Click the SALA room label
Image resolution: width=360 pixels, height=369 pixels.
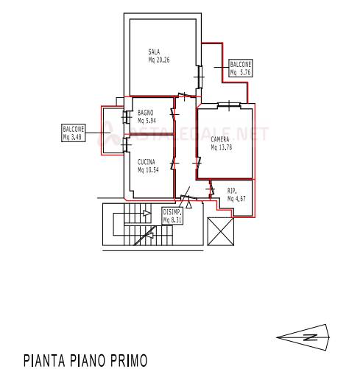[154, 52]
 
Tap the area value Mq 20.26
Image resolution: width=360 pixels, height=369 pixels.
[159, 60]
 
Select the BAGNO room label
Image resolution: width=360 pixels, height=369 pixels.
[146, 113]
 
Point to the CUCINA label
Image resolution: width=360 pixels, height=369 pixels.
[147, 162]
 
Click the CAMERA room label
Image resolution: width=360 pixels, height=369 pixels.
[220, 139]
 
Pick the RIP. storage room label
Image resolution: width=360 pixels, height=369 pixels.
[232, 191]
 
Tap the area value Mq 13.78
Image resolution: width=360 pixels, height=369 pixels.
[222, 147]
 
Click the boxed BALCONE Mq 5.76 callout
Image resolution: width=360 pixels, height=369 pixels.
[241, 68]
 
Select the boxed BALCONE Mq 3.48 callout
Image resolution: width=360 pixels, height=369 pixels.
[74, 133]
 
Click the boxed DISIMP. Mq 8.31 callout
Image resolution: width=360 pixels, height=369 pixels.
[173, 216]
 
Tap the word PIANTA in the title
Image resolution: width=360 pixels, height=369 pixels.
[44, 360]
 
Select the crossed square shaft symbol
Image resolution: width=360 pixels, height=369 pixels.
[221, 231]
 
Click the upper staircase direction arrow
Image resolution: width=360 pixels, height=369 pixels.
[147, 213]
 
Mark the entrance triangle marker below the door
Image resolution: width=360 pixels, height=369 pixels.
[188, 205]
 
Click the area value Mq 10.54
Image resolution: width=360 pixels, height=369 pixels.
[148, 170]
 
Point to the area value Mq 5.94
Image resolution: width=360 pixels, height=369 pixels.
[147, 121]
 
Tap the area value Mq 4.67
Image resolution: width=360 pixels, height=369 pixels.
[236, 198]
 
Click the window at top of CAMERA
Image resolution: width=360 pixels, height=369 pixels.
[229, 105]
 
